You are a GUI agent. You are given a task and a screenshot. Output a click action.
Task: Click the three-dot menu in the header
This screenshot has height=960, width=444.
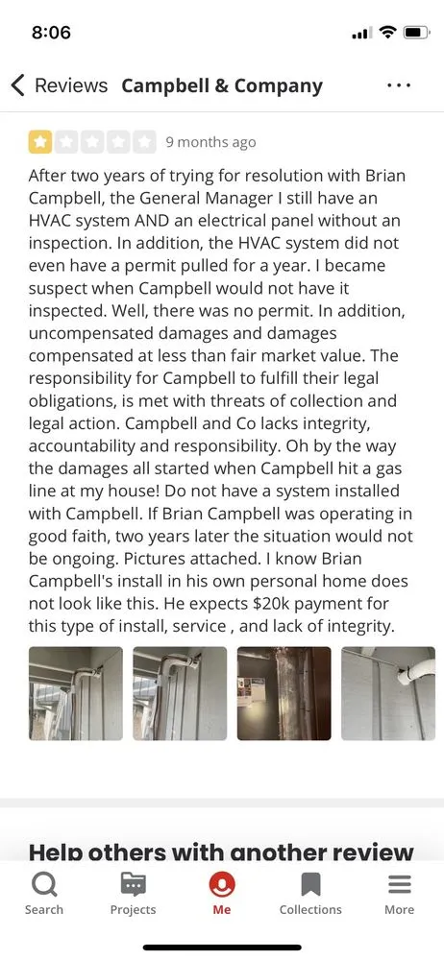pos(399,84)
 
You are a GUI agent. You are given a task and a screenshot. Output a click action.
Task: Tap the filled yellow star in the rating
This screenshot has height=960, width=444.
pos(40,142)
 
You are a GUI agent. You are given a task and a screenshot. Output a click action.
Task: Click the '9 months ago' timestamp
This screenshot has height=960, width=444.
pos(210,142)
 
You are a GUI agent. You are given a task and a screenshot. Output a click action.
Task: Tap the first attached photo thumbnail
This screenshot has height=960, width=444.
pos(76,693)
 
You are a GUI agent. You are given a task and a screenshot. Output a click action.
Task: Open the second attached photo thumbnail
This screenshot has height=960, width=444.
pos(180,693)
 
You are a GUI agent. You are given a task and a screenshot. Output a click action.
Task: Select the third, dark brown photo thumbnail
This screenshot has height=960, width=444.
pos(284,693)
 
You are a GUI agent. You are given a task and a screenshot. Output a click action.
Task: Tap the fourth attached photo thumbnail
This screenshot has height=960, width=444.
pos(387,693)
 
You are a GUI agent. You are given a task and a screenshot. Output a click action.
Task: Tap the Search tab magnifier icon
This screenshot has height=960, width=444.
pos(44,884)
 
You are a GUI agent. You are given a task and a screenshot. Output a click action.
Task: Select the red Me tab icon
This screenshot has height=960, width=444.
pos(222,884)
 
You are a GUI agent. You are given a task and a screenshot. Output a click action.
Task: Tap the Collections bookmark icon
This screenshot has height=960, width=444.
pos(310,884)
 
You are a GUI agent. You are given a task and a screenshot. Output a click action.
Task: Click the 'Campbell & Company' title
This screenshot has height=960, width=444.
pos(222,84)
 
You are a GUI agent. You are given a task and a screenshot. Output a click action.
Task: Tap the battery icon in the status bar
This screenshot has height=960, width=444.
pos(415,33)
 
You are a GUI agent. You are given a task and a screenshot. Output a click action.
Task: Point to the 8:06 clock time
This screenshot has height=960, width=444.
pos(51,33)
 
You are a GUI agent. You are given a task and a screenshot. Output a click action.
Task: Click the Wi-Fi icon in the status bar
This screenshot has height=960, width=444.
pos(387,33)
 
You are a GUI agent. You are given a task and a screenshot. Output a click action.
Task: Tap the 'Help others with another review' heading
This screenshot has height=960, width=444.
pos(221,852)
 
